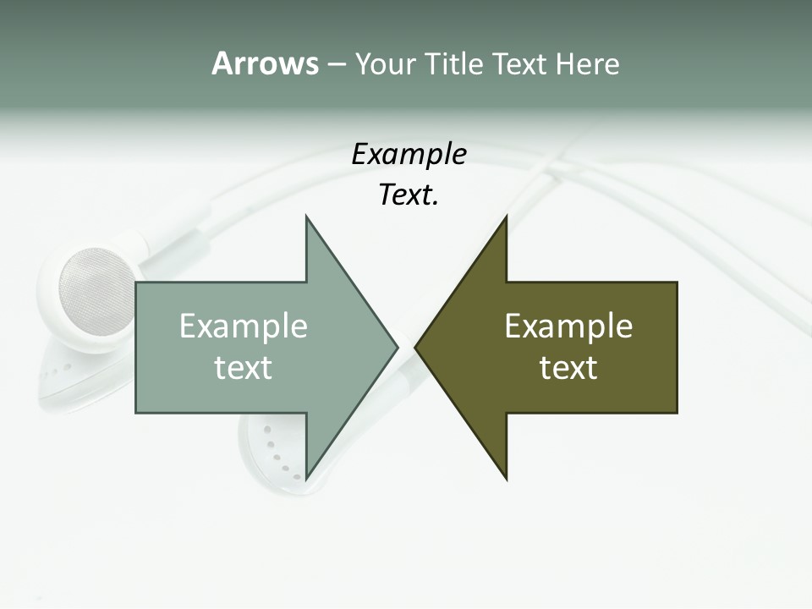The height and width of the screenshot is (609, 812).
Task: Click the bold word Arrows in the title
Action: coord(265,63)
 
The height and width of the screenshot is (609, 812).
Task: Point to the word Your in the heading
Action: coord(384,63)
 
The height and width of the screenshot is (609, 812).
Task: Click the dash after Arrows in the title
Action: coord(336,64)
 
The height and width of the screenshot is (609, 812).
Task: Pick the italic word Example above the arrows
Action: coord(409,155)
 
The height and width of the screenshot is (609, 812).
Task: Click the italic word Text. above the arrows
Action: coord(409,195)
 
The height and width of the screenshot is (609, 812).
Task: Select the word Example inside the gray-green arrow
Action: coord(244,326)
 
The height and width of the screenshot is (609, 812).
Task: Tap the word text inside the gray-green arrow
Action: coord(244,367)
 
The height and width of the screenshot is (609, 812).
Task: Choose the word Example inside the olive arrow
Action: coord(568,326)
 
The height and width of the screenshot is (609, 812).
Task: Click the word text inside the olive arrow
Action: coord(568,367)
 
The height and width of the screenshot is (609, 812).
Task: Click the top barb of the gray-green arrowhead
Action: coord(308,222)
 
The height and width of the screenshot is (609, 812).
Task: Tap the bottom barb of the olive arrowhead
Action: coord(504,475)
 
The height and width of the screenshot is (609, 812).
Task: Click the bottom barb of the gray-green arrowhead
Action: coord(308,475)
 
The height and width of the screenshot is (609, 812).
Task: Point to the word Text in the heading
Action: coord(519,63)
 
